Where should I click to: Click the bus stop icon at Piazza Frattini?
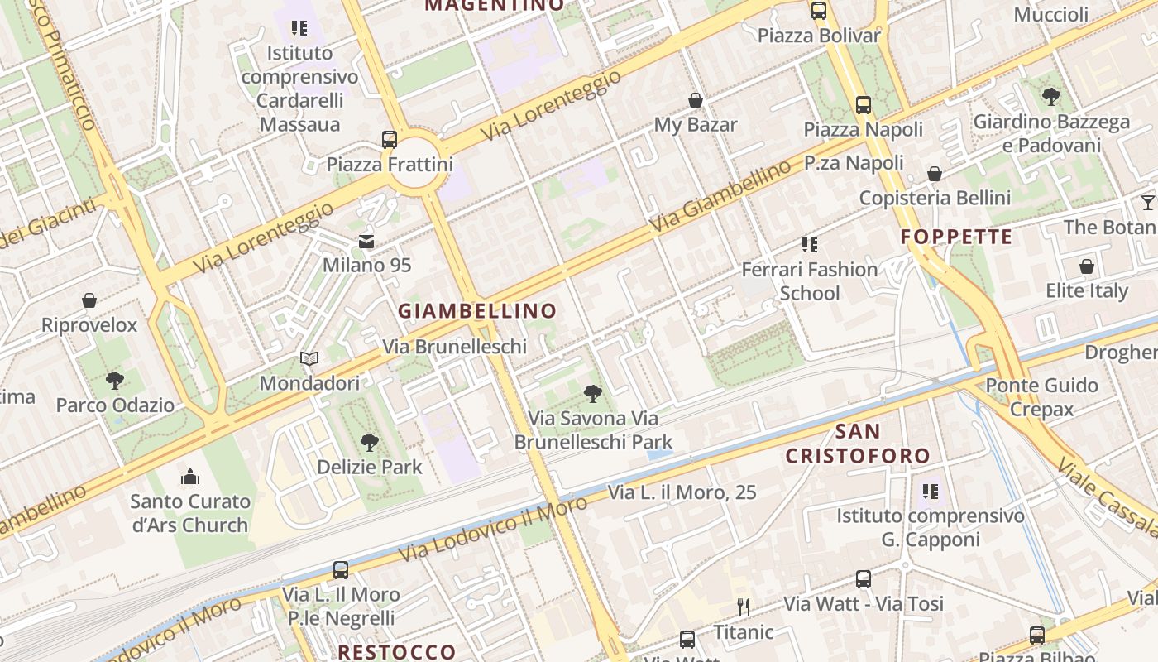[x=389, y=139]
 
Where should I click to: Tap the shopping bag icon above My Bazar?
[x=696, y=100]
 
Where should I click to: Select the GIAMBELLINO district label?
[x=477, y=311]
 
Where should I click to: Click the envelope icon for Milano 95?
[x=366, y=242]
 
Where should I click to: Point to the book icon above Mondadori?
[x=309, y=359]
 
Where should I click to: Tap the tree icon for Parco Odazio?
[x=115, y=381]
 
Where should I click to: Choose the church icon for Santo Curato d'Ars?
[x=190, y=477]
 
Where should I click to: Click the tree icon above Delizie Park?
[x=370, y=443]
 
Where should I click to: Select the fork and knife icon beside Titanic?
[x=744, y=607]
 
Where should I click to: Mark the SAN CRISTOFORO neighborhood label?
[x=858, y=444]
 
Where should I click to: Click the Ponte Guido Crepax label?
[x=1041, y=397]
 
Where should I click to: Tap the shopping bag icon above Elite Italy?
[x=1087, y=266]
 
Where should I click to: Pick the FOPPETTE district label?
[x=956, y=237]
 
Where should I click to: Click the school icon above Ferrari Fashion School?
[x=809, y=245]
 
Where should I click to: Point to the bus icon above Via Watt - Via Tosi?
[x=864, y=579]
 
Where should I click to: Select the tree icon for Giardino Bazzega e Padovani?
[x=1050, y=97]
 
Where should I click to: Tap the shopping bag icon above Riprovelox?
[x=89, y=300]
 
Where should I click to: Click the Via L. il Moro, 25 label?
[x=682, y=492]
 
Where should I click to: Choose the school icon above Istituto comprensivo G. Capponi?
[x=931, y=492]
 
